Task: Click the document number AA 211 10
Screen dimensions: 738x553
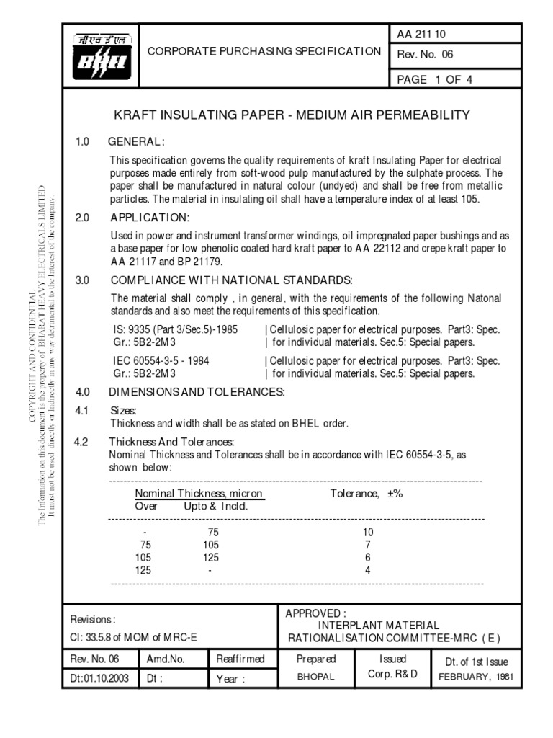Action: [422, 33]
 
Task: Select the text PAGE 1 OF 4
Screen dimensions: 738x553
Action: [434, 79]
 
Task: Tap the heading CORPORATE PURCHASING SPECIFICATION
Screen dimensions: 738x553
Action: [264, 51]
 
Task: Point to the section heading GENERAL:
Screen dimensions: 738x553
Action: [137, 141]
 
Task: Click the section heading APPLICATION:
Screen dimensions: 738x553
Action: [149, 218]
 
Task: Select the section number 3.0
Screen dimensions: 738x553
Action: [82, 280]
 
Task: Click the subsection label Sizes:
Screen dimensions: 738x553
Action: [122, 411]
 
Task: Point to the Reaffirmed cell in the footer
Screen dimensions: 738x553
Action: [240, 659]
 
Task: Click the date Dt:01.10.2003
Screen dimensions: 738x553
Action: [99, 679]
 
